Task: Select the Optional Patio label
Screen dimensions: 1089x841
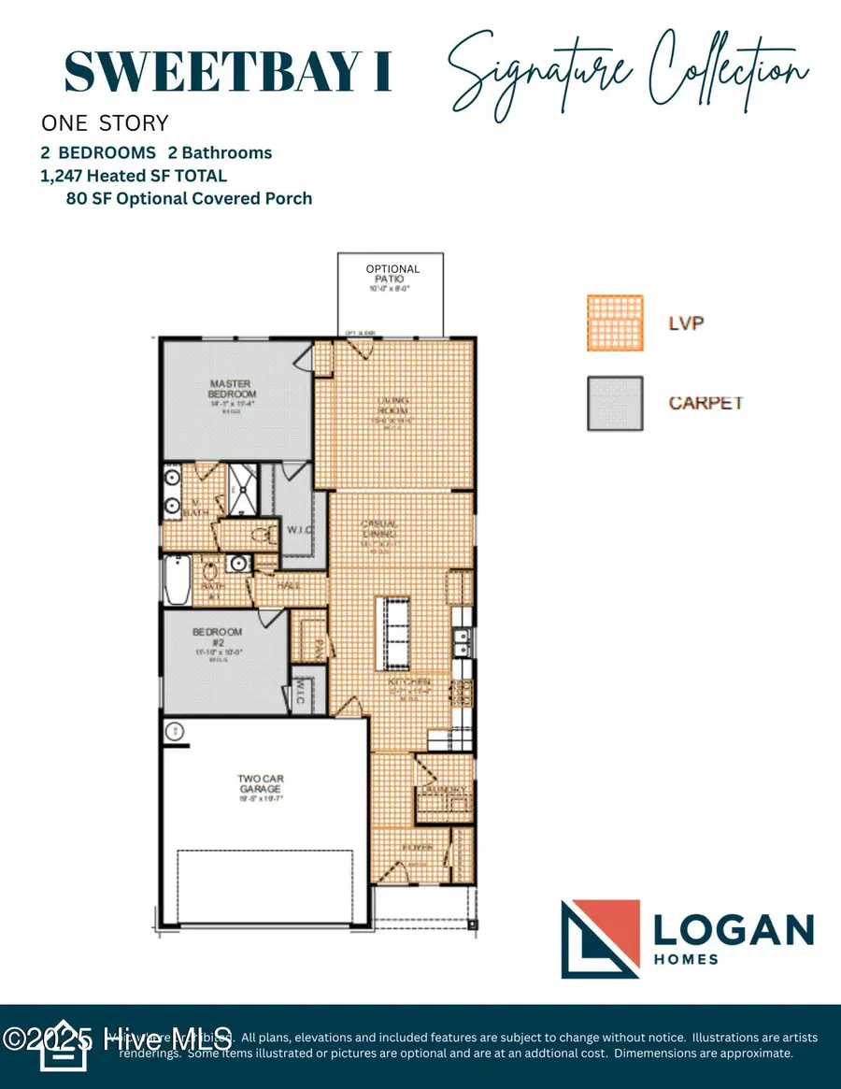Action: tap(392, 274)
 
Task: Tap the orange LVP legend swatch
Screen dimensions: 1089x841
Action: tap(615, 322)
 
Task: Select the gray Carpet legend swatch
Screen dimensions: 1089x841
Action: tap(615, 403)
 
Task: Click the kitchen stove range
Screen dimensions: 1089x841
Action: tap(461, 694)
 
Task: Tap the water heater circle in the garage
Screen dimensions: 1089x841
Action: tap(173, 731)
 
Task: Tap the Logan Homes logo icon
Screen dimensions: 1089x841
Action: tap(600, 939)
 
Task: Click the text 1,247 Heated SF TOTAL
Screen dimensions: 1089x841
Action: tap(135, 175)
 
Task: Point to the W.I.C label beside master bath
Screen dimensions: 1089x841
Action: tap(299, 530)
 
